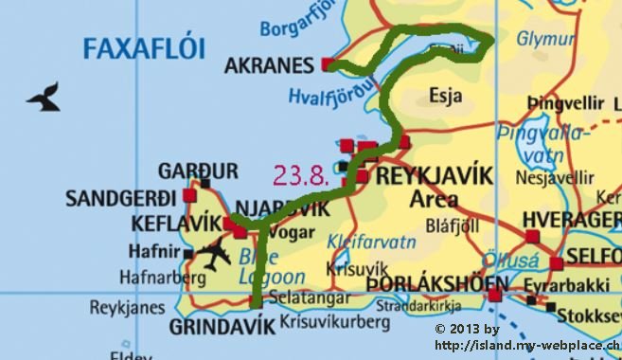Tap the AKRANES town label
point(269,66)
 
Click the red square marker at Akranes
point(328,64)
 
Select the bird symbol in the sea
point(44,97)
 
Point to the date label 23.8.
point(300,174)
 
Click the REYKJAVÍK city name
point(435,176)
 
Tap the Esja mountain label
point(444,96)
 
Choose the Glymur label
point(545,39)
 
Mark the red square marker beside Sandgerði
point(190,195)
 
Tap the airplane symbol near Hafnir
point(215,255)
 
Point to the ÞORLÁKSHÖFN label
point(426,282)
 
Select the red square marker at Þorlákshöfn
point(494,295)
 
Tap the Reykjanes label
point(120,307)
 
